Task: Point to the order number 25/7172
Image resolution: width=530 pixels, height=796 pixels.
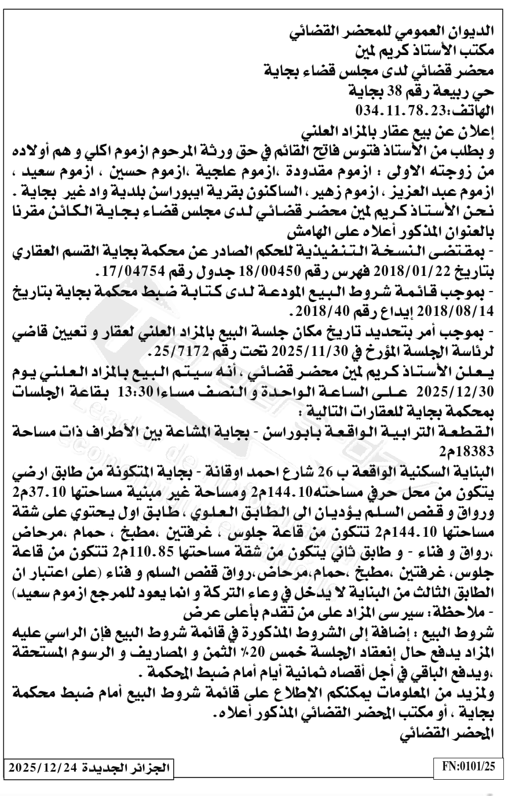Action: [176, 352]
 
